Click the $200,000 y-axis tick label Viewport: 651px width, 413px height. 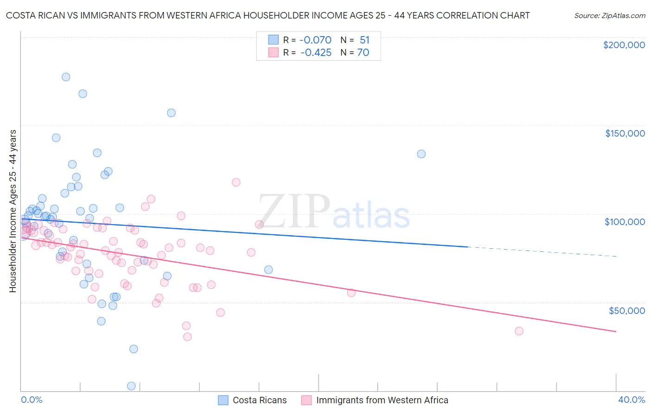(x=624, y=45)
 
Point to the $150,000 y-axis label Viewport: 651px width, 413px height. (x=625, y=133)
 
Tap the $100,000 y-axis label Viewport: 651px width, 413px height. (x=625, y=222)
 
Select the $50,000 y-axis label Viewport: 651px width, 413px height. (x=626, y=311)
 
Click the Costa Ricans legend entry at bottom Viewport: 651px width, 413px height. (x=259, y=400)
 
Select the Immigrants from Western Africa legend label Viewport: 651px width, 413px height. (x=382, y=400)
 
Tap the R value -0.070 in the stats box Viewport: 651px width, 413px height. (x=316, y=40)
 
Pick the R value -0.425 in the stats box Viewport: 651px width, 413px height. (x=316, y=53)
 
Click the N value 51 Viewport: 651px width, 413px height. (x=364, y=40)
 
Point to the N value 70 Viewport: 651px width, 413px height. (x=363, y=53)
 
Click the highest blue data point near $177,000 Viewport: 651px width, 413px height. (x=66, y=77)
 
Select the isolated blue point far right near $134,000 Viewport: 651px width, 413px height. (x=421, y=154)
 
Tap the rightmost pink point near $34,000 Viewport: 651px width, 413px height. (x=519, y=331)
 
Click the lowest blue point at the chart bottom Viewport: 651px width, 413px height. (x=131, y=386)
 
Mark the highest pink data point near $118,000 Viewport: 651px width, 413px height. (x=236, y=182)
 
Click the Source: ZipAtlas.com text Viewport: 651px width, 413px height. (x=609, y=16)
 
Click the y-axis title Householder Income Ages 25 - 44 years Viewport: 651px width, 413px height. (x=13, y=211)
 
